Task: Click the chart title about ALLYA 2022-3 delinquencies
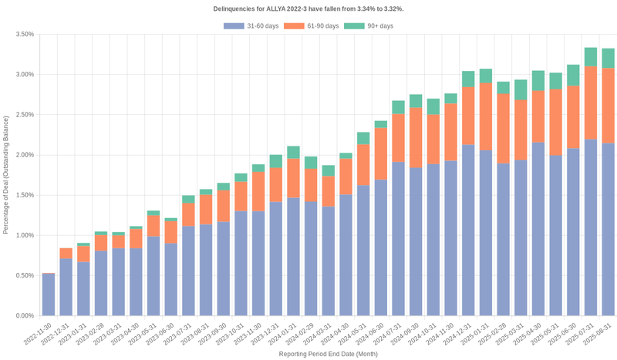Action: pyautogui.click(x=308, y=8)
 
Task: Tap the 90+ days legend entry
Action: pyautogui.click(x=369, y=26)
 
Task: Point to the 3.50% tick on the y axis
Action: pyautogui.click(x=24, y=35)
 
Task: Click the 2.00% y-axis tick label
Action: pyautogui.click(x=24, y=155)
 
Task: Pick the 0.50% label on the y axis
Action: pyautogui.click(x=24, y=275)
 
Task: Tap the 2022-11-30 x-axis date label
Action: pyautogui.click(x=39, y=332)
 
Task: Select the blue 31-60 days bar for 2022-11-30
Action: pyautogui.click(x=49, y=294)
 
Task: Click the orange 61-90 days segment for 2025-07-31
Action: pyautogui.click(x=591, y=103)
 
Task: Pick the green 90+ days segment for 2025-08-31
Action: pyautogui.click(x=609, y=58)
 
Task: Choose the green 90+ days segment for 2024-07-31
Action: pyautogui.click(x=399, y=107)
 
